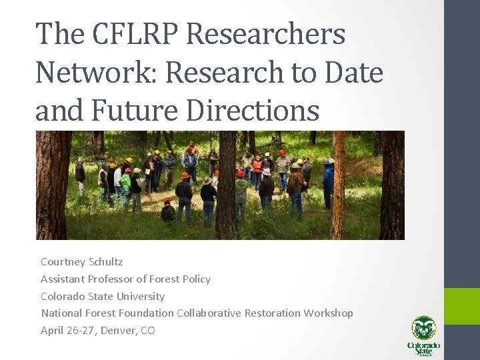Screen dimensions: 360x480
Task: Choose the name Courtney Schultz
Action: [x=81, y=262]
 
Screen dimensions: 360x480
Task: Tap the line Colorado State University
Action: [x=103, y=296]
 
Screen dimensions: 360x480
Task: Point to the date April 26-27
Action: [x=67, y=331]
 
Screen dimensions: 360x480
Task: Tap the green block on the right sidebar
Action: [x=462, y=306]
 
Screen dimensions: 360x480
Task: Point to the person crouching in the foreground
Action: [x=167, y=212]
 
